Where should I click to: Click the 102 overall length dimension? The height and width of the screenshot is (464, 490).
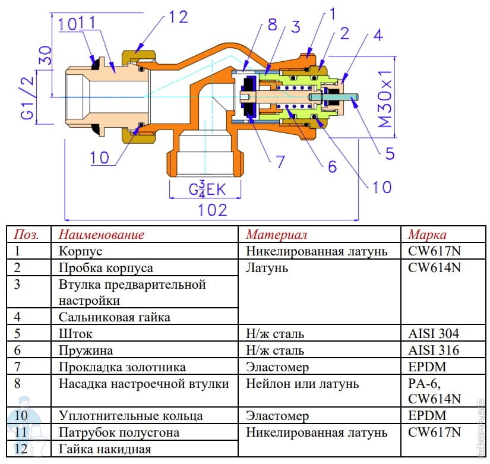tap(213, 209)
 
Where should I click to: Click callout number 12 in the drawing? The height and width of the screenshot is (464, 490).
tap(178, 17)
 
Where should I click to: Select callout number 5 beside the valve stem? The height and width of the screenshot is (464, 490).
tap(390, 153)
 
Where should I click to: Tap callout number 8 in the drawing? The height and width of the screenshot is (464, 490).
tap(271, 26)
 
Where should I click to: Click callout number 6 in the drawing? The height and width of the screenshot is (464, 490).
tap(333, 166)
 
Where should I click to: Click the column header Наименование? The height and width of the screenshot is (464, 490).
tap(102, 234)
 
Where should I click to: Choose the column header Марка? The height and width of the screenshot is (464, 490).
tap(426, 234)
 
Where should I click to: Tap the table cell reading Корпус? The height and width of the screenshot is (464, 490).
tap(81, 251)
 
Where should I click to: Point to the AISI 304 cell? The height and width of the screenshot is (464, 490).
tap(433, 334)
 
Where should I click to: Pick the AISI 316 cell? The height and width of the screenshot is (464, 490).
tap(433, 351)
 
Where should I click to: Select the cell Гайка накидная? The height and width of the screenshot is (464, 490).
tap(105, 449)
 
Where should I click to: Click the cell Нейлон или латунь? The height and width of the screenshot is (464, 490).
tap(302, 384)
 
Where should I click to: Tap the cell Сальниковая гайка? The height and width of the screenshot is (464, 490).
tap(114, 317)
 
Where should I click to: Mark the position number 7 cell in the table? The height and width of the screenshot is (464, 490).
tap(17, 367)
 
